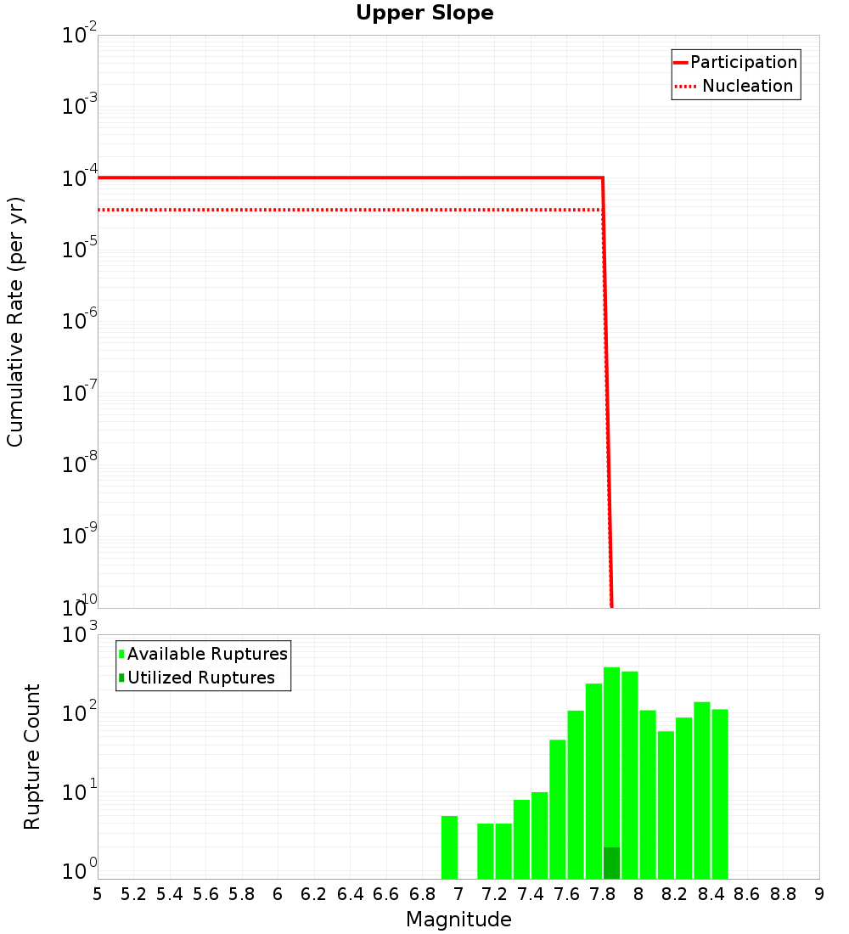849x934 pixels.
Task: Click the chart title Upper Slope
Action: (424, 13)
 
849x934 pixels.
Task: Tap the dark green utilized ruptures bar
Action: (611, 863)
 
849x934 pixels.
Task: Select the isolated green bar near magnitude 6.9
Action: (449, 847)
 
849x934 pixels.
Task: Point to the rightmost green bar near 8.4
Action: (720, 794)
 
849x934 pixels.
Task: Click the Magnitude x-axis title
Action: (458, 920)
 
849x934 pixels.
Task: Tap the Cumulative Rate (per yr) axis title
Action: (15, 321)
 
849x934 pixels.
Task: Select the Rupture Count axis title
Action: (32, 757)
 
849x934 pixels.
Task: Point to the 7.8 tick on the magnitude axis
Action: (603, 894)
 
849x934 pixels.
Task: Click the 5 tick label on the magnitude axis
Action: (98, 894)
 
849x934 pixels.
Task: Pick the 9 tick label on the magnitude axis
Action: (819, 894)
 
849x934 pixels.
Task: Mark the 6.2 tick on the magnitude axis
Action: (314, 894)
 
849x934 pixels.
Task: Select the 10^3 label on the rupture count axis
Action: (81, 635)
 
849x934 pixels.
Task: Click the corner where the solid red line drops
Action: (602, 177)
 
